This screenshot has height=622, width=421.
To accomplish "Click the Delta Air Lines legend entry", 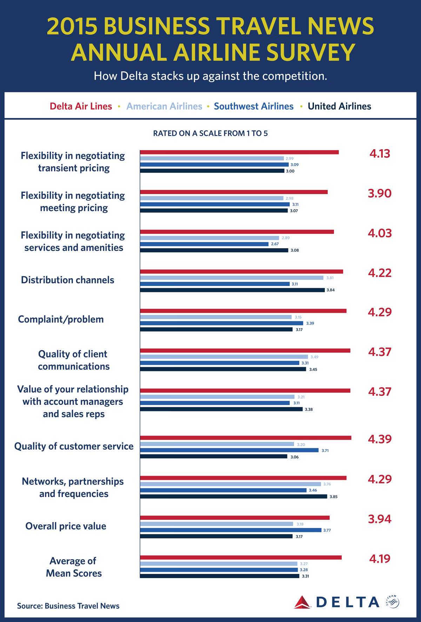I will [81, 106].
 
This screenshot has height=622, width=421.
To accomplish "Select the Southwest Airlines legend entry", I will [254, 106].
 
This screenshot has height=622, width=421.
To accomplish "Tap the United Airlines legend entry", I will [339, 106].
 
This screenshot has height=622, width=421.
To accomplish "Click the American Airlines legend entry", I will [164, 106].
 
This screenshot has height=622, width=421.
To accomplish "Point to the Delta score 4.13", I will [380, 154].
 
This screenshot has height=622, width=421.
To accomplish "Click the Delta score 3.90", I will [380, 193].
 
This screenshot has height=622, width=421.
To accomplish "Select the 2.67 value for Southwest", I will [275, 244].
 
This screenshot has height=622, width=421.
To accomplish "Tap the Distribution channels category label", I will [68, 280].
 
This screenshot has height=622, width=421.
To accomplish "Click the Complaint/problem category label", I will [61, 319].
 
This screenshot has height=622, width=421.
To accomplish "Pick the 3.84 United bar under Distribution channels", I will [232, 290].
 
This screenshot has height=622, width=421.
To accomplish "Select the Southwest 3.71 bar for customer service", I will [229, 450].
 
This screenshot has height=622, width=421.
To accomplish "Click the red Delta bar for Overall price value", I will [235, 518].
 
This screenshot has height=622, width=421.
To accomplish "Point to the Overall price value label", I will [66, 526].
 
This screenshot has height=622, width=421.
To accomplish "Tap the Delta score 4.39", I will [380, 439].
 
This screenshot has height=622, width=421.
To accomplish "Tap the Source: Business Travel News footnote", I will [68, 606].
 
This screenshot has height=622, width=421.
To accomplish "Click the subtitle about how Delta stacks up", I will [210, 76].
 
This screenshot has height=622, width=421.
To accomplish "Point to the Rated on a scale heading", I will [210, 133].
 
